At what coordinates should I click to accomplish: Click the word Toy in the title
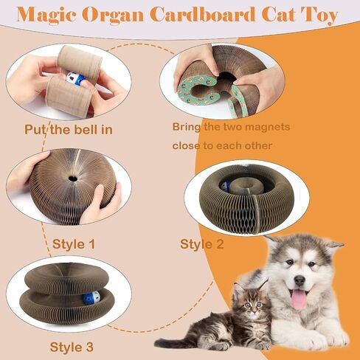point(319,15)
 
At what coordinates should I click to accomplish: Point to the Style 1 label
point(74,244)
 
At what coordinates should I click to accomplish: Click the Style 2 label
point(202,244)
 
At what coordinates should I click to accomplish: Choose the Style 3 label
point(72,347)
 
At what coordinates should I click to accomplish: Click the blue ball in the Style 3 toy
point(91,297)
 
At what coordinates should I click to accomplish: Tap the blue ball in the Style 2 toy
point(225,186)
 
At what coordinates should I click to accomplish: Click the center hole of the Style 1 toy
point(72,179)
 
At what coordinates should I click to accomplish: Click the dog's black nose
point(300,280)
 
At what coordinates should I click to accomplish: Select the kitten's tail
point(172,342)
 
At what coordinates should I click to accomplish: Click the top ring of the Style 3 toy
point(66,277)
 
